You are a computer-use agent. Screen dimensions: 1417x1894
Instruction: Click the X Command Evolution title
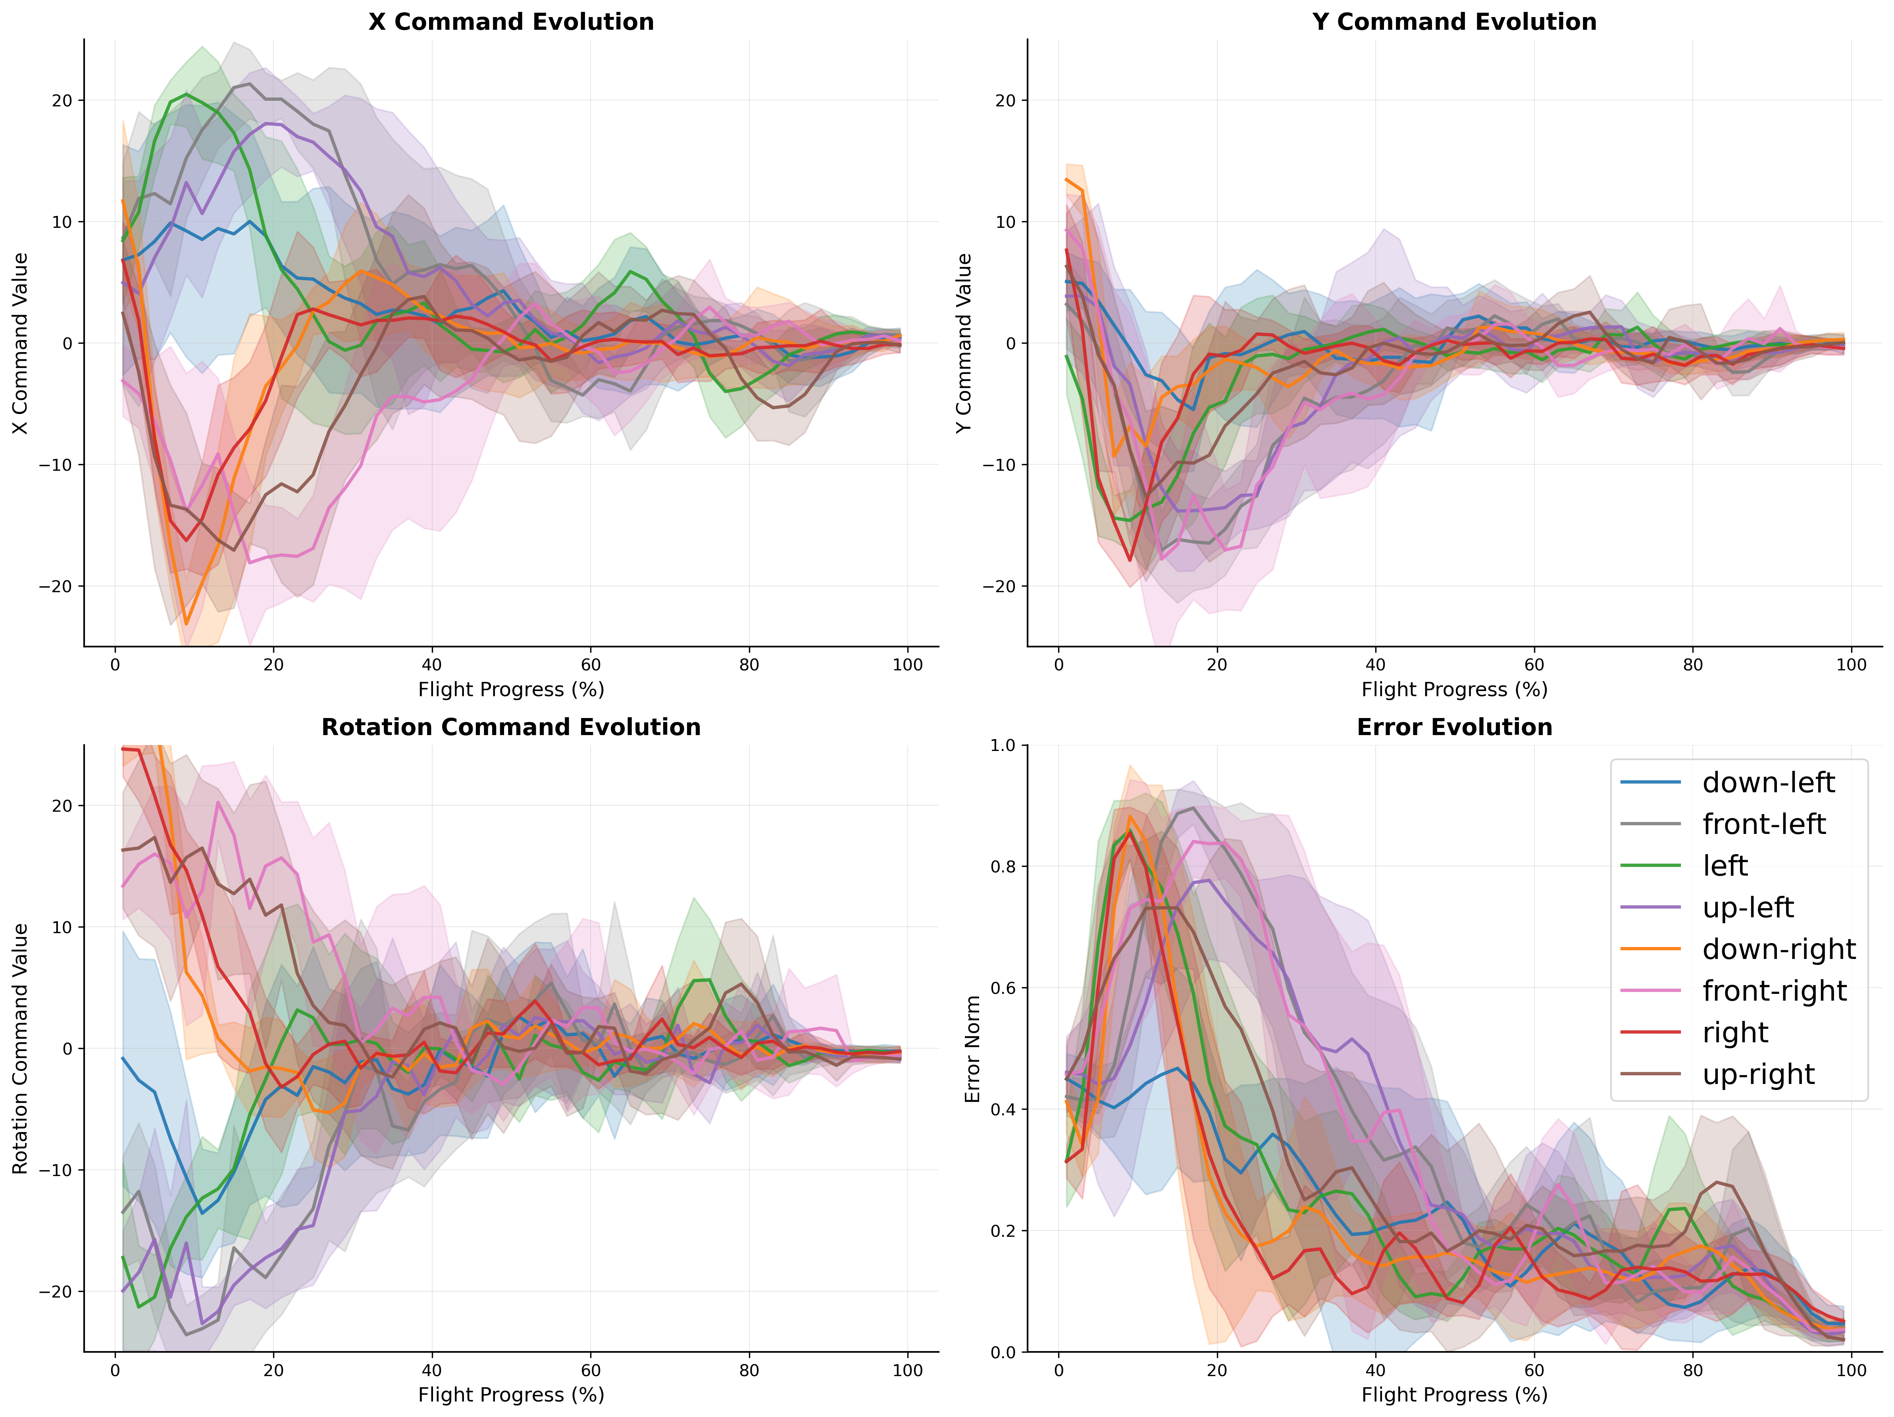point(511,22)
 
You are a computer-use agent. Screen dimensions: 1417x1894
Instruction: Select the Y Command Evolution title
point(1454,22)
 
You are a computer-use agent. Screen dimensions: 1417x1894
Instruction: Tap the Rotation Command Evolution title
point(511,728)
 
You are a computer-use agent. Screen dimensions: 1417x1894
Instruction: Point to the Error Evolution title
point(1454,728)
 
